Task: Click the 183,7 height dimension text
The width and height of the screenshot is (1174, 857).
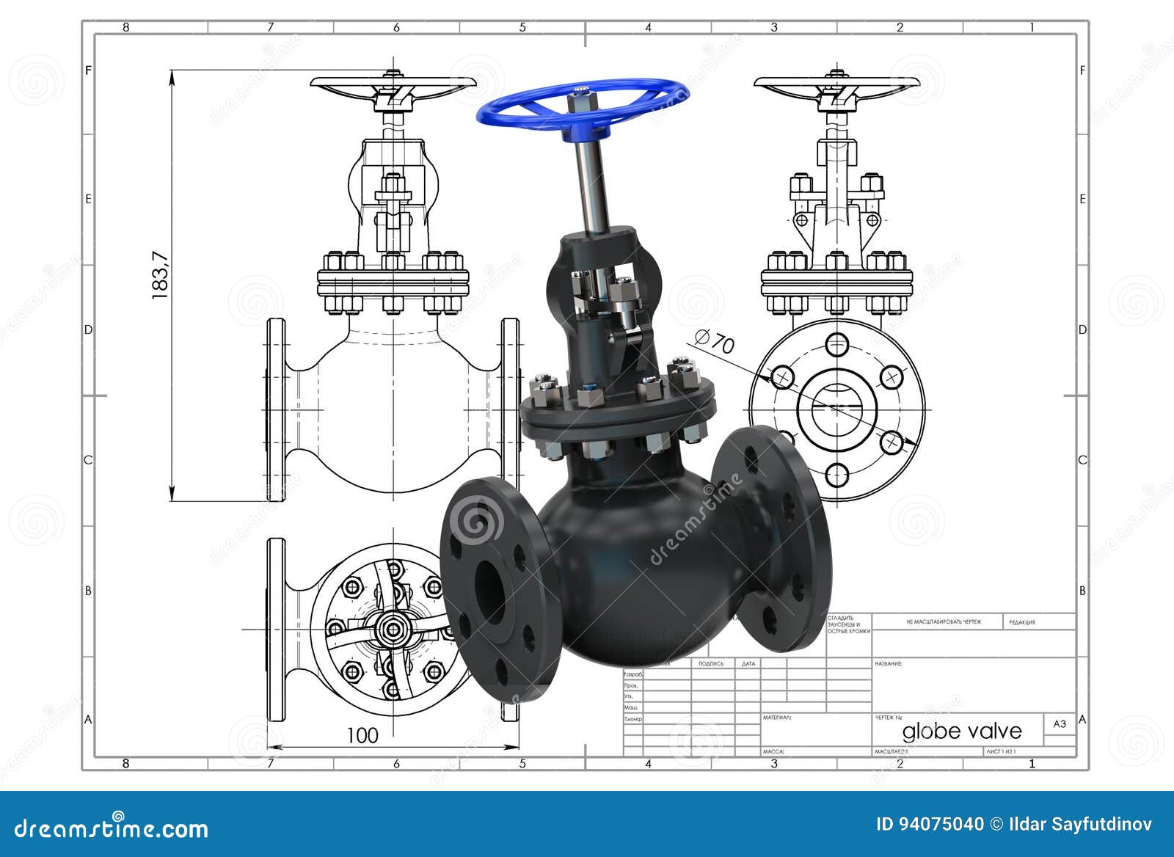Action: pyautogui.click(x=160, y=275)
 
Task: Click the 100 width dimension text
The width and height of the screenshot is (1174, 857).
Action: pyautogui.click(x=362, y=735)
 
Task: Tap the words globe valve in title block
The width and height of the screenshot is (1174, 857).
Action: pyautogui.click(x=961, y=731)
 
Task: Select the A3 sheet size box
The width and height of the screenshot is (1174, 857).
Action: pyautogui.click(x=1060, y=724)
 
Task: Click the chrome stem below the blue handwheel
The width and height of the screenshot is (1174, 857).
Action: pyautogui.click(x=593, y=183)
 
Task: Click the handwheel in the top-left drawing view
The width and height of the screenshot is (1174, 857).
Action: pyautogui.click(x=393, y=84)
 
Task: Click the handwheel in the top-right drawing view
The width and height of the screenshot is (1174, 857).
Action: pyautogui.click(x=837, y=84)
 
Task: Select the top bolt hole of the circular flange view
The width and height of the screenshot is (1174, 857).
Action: pyautogui.click(x=837, y=343)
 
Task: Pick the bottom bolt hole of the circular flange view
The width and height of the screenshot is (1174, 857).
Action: pyautogui.click(x=837, y=475)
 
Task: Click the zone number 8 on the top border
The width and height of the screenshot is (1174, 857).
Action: pyautogui.click(x=125, y=28)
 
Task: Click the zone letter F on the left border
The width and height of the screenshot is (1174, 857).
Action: pyautogui.click(x=89, y=70)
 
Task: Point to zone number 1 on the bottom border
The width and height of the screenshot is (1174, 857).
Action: pyautogui.click(x=1032, y=763)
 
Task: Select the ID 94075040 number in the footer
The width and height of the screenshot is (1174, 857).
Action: pyautogui.click(x=930, y=825)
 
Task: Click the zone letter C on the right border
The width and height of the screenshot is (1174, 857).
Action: pyautogui.click(x=1082, y=460)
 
